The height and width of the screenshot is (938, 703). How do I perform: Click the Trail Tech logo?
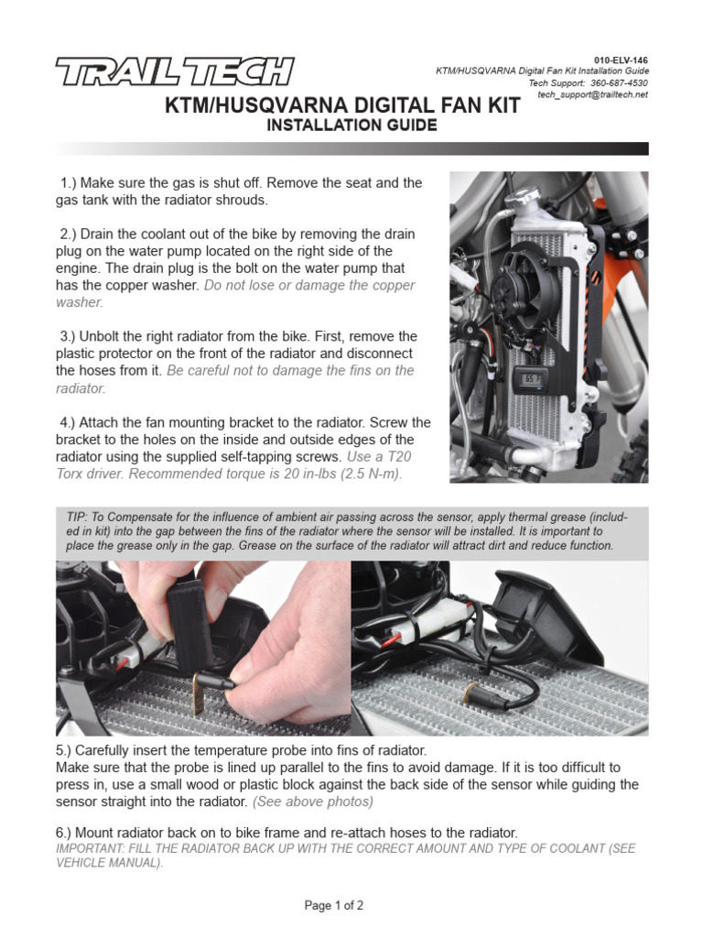tap(175, 71)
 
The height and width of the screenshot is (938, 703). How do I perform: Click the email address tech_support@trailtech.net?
tap(593, 95)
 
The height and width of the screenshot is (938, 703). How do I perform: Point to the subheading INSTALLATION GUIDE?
tap(351, 125)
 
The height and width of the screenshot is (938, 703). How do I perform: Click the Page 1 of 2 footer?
tap(333, 906)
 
